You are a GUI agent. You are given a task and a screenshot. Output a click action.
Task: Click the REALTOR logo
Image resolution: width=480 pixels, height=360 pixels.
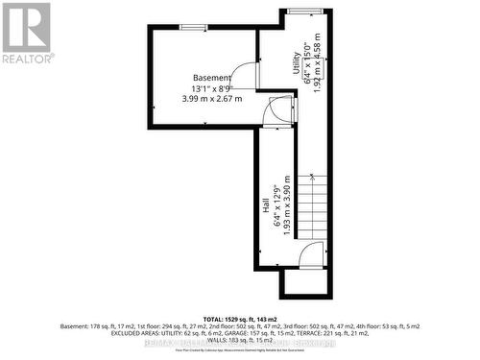(26, 33)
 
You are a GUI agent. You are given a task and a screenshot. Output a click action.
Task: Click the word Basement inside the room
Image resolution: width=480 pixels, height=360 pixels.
(210, 78)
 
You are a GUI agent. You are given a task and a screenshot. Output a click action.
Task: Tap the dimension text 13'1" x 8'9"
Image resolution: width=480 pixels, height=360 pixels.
(210, 88)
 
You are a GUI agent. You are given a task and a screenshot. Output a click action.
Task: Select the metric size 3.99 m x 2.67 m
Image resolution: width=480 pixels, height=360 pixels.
(210, 99)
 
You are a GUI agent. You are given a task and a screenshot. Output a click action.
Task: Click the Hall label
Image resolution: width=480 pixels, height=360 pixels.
(265, 206)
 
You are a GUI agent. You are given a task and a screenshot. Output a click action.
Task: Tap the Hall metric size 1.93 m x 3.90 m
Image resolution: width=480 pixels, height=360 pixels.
(285, 206)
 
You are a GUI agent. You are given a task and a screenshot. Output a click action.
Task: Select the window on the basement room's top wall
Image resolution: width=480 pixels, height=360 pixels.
(193, 28)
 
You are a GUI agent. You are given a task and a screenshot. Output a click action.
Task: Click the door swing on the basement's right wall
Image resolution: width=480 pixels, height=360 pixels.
(248, 74)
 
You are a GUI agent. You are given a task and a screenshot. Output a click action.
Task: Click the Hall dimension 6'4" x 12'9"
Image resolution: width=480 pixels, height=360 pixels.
(276, 206)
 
